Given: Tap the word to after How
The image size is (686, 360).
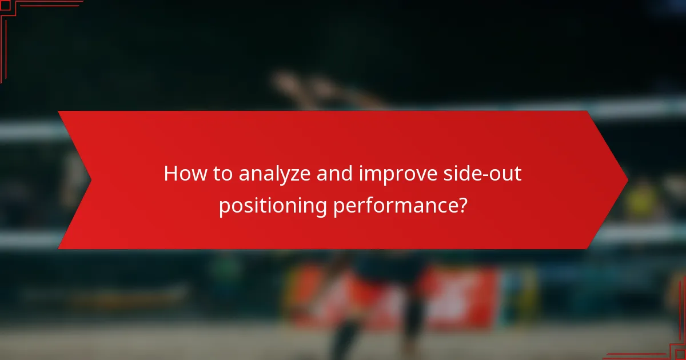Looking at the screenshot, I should [x=222, y=174].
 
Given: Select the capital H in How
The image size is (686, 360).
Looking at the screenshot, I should [x=170, y=174].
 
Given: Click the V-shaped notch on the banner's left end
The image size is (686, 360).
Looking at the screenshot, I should [x=90, y=180].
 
